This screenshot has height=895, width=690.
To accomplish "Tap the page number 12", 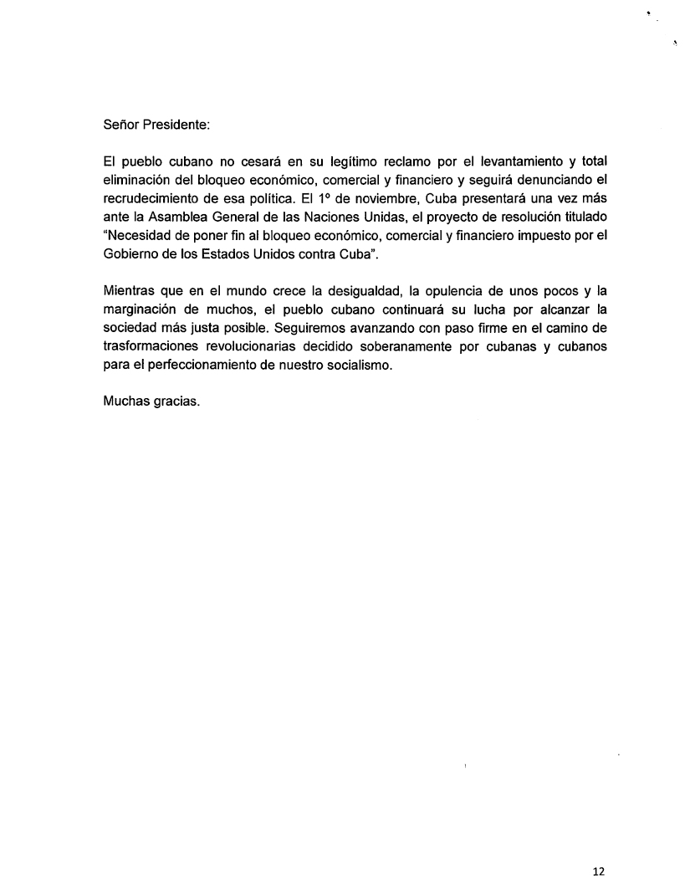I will [598, 871].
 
